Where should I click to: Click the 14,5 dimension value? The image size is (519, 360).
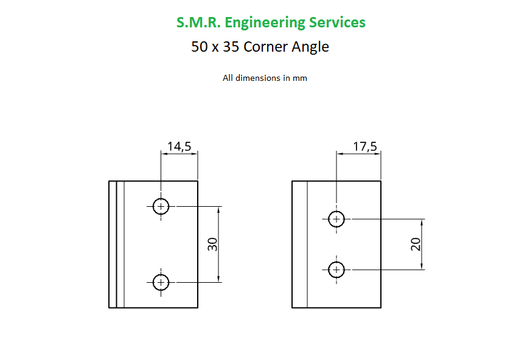[x=179, y=147]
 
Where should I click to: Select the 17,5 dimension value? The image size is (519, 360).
[x=365, y=147]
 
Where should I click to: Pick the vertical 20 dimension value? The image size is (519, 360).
[x=416, y=244]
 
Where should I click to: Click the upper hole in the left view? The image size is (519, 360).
[x=161, y=207]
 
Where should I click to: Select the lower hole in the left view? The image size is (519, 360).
[x=161, y=282]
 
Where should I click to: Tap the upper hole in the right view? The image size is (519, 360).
[x=336, y=219]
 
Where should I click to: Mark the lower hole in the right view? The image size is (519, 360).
[x=336, y=269]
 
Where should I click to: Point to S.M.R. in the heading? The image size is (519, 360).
[x=198, y=23]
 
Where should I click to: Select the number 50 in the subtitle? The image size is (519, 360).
[x=199, y=47]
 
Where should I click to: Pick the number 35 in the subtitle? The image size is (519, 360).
[x=231, y=47]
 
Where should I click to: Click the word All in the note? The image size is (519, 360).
[x=228, y=78]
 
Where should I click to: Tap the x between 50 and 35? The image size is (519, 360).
[x=215, y=48]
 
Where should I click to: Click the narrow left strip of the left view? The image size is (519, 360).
[x=113, y=244]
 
